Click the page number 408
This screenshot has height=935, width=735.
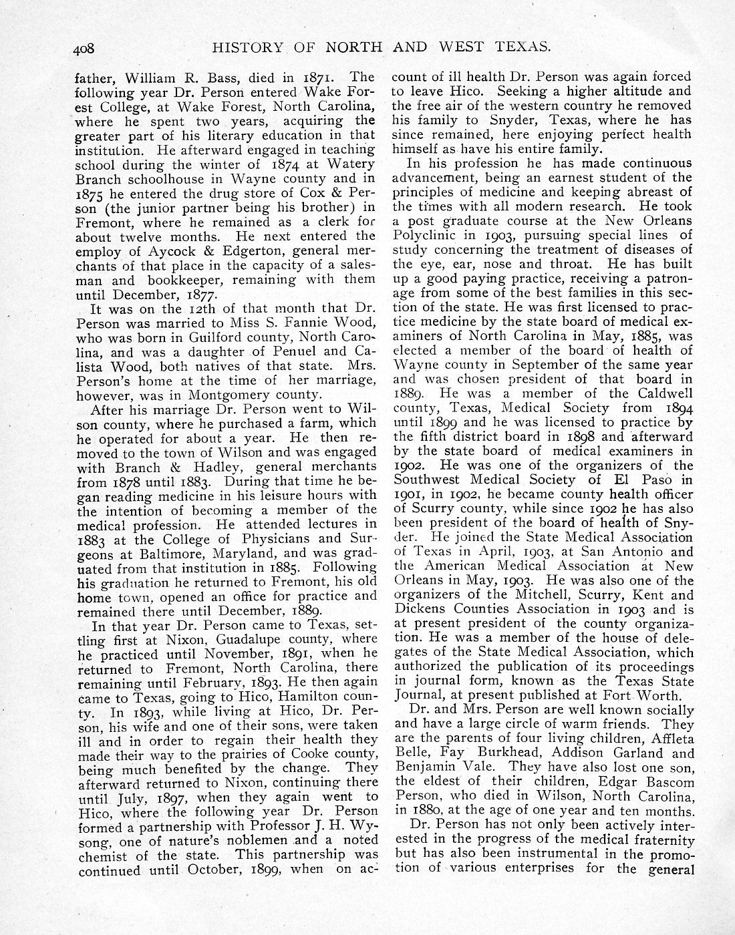point(86,48)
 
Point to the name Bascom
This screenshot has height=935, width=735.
point(670,781)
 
